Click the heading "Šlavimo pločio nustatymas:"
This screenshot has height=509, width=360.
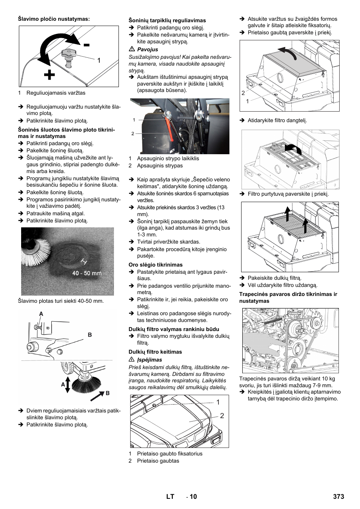pyautogui.click(x=54, y=19)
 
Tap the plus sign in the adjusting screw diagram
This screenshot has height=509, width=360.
pyautogui.click(x=49, y=75)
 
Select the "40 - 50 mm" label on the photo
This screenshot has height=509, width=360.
pyautogui.click(x=87, y=273)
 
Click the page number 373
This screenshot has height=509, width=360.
pyautogui.click(x=338, y=497)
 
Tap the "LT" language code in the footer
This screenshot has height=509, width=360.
pyautogui.click(x=170, y=497)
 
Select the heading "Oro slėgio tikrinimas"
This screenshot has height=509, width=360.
pyautogui.click(x=155, y=265)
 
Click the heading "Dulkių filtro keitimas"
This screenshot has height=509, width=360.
pyautogui.click(x=155, y=352)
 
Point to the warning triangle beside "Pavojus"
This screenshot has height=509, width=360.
pyautogui.click(x=132, y=49)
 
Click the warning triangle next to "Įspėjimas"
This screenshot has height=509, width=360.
pyautogui.click(x=132, y=360)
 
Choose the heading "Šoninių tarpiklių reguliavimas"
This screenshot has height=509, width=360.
pyautogui.click(x=167, y=20)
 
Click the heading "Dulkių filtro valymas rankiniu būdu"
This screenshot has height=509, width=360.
pyautogui.click(x=174, y=329)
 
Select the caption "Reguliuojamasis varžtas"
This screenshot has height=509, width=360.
pyautogui.click(x=56, y=93)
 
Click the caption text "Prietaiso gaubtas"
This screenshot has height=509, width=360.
pyautogui.click(x=158, y=461)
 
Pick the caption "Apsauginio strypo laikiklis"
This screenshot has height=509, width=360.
pyautogui.click(x=168, y=158)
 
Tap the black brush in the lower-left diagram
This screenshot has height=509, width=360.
pyautogui.click(x=86, y=384)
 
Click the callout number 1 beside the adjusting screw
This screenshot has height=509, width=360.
pyautogui.click(x=99, y=60)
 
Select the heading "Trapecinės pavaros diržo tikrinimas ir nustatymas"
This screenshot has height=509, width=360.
pyautogui.click(x=288, y=297)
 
